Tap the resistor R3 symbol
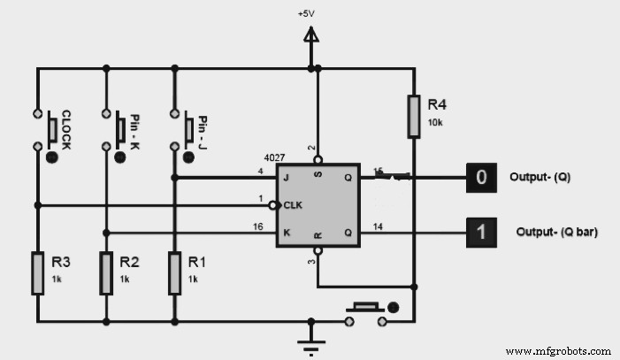[37, 272]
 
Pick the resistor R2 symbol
[105, 272]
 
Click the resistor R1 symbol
[173, 272]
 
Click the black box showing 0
[481, 178]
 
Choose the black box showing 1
[481, 233]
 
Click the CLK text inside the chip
[293, 205]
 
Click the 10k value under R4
[435, 122]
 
